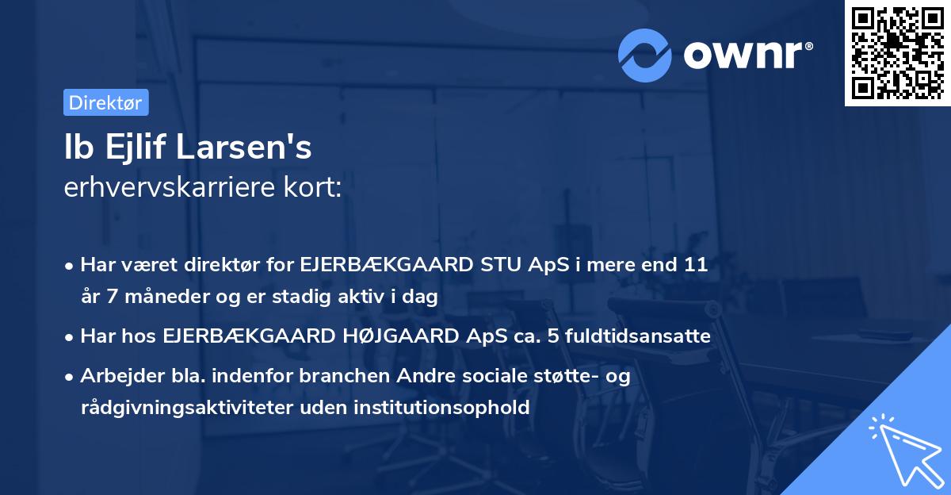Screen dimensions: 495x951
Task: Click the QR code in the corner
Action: tap(897, 53)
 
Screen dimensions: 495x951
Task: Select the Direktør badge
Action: tap(105, 102)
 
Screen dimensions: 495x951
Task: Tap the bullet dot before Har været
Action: tap(71, 266)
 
